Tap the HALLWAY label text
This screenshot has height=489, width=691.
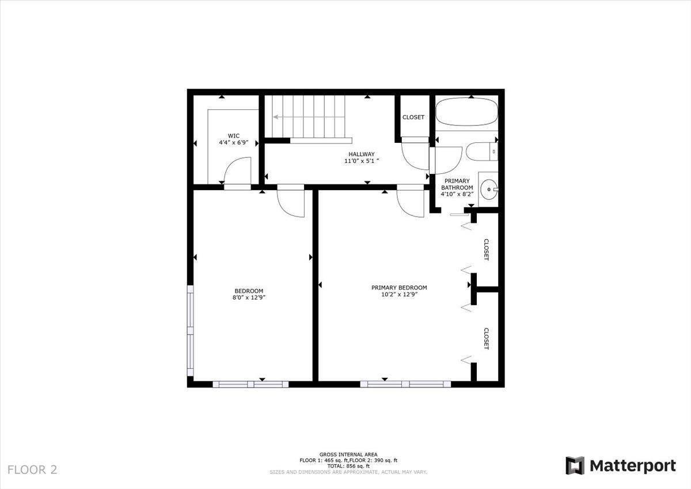click(361, 154)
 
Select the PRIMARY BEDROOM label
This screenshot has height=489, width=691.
click(399, 287)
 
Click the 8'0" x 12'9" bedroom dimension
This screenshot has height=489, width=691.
click(248, 298)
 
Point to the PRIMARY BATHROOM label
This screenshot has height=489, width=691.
click(457, 184)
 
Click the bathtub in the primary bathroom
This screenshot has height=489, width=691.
click(466, 113)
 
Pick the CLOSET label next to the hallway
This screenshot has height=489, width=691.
click(413, 117)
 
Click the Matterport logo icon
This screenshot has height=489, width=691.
click(574, 465)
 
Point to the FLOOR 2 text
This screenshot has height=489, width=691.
click(32, 469)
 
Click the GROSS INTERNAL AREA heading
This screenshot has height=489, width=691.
click(348, 454)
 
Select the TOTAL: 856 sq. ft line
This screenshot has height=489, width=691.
click(348, 466)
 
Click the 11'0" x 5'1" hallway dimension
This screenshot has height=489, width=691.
click(361, 161)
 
